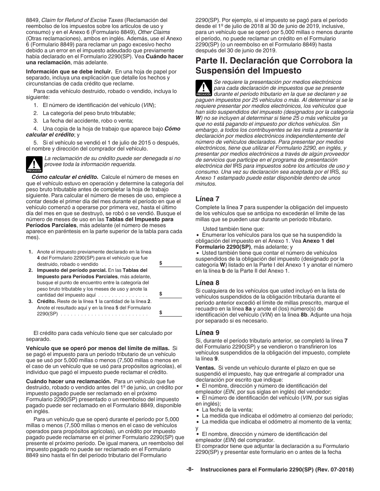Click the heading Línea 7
207,199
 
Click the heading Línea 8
207,283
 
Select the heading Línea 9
207,332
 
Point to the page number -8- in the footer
190,470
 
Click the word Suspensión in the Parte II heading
224,71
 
